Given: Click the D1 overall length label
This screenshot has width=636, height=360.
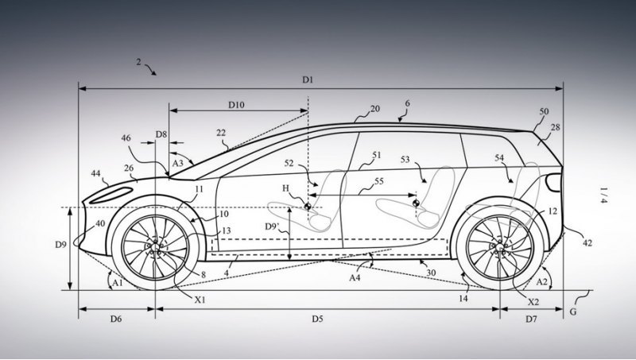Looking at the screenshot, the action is [x=308, y=79].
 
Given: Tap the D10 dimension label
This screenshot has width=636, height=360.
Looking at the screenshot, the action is [x=236, y=105].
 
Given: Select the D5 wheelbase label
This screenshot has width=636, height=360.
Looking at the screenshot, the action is [x=317, y=319].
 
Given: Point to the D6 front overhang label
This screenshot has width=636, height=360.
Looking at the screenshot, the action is [x=116, y=319].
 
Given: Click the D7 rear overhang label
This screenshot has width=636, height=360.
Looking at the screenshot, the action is [x=531, y=319].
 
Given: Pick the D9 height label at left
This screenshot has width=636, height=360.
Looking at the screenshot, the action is [x=61, y=245].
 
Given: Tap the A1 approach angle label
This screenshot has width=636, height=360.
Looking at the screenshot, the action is [x=118, y=283].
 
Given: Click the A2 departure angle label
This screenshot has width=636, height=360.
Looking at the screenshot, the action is [x=542, y=282].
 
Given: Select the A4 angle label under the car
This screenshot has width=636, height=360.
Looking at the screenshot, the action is [x=355, y=277].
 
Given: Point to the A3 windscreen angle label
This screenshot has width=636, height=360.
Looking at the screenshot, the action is [x=177, y=164].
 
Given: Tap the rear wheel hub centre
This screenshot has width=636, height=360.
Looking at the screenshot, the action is [x=500, y=246].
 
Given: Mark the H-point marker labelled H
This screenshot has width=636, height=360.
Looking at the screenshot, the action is [x=308, y=206].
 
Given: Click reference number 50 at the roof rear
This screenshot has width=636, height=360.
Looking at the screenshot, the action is [x=544, y=111].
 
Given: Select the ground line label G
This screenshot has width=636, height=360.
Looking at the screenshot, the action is [x=573, y=312].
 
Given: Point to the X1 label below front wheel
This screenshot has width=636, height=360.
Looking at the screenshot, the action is [x=200, y=300].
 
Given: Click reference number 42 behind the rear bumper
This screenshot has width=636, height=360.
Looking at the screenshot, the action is [x=588, y=243].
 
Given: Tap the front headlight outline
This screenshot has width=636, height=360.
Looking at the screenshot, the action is [x=111, y=195].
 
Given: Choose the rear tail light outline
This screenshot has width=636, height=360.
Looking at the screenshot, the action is [x=553, y=182].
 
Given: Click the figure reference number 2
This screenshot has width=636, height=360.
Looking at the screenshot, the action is [x=138, y=62].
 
